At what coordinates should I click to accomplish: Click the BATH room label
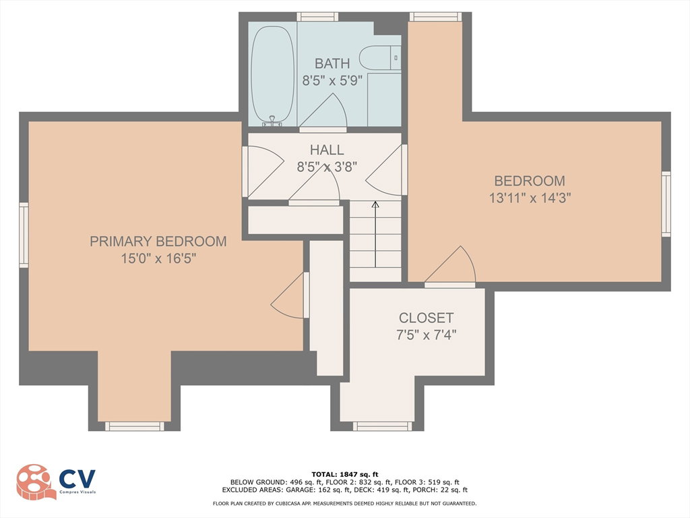point(332,63)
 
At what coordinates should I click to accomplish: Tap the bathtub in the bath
point(272,76)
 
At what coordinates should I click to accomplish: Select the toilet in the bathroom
point(380,58)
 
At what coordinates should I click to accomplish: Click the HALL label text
point(327,150)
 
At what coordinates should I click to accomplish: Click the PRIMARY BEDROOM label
point(158,241)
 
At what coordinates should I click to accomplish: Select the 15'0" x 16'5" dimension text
point(158,258)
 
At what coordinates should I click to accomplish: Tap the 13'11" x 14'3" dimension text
point(530,198)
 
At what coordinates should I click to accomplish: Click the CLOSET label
point(426,318)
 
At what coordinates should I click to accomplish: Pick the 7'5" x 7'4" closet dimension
point(426,335)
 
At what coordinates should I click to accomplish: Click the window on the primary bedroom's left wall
point(24,235)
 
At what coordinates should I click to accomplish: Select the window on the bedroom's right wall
point(666,204)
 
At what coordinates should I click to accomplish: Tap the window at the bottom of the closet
point(383,426)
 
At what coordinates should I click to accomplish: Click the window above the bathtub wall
point(317,17)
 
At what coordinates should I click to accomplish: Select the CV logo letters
point(77,479)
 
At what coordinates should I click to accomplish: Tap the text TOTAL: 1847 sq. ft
point(344,474)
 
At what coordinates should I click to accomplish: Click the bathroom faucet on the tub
point(272,121)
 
